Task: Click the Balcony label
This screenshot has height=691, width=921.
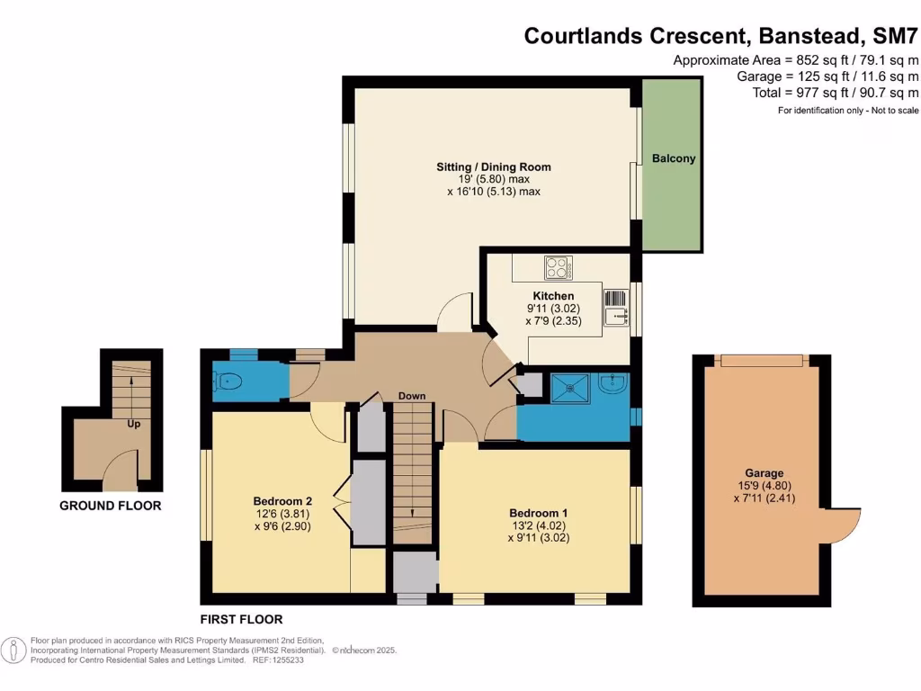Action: (674, 158)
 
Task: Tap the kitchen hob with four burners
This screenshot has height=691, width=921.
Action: (557, 268)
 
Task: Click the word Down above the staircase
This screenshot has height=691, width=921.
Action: (412, 396)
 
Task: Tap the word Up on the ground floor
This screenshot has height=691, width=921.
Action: (133, 423)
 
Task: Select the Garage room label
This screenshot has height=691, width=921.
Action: (764, 472)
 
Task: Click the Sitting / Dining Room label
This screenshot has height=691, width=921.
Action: (493, 166)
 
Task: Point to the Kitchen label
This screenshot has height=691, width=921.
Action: (553, 296)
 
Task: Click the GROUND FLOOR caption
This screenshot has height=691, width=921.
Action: (111, 506)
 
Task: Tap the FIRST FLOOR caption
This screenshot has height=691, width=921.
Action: (242, 619)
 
